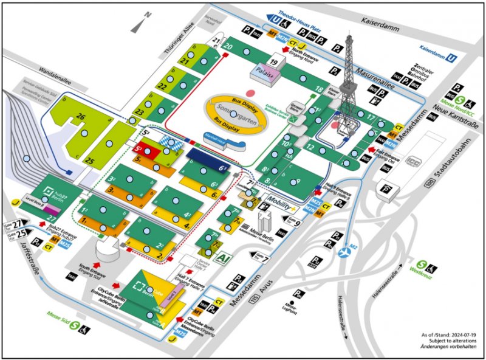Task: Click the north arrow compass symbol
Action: click(141, 24)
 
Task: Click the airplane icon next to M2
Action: click(347, 249)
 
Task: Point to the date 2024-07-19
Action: click(464, 335)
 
